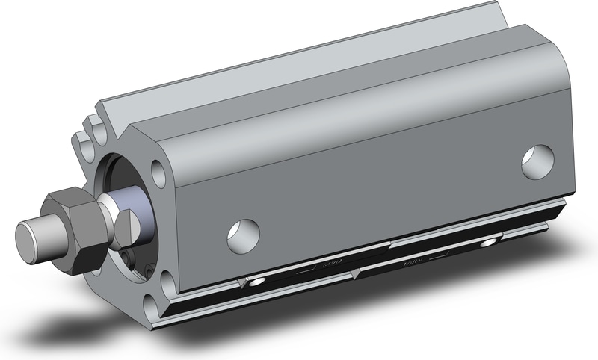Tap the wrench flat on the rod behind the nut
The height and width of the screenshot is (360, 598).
coord(126,223)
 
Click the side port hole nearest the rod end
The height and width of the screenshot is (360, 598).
coord(243,234)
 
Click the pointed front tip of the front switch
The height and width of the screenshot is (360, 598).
coord(238,282)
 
